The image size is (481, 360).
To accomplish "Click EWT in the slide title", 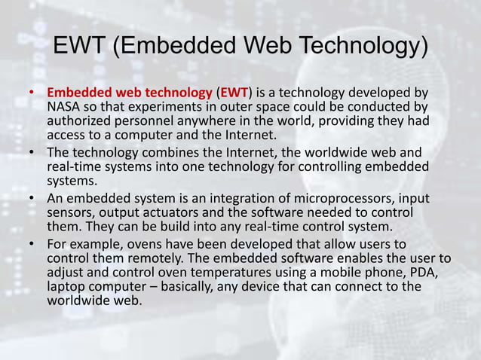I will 79,47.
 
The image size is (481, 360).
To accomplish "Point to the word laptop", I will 66,288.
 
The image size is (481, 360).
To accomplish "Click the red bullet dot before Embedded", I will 32,94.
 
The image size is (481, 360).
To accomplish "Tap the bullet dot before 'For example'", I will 32,246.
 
